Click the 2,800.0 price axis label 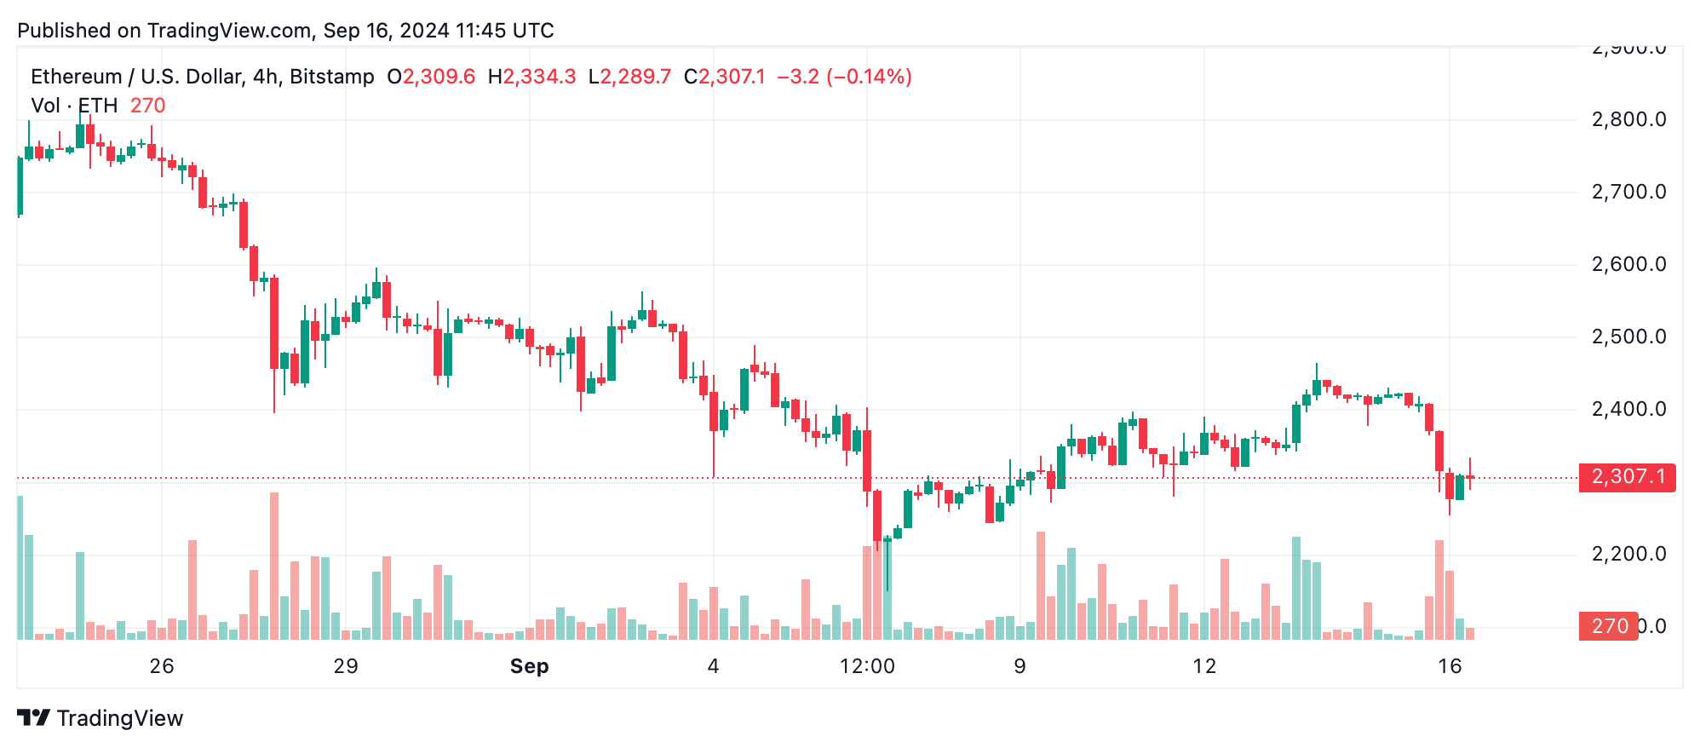pyautogui.click(x=1628, y=119)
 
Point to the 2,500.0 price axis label pyautogui.click(x=1628, y=337)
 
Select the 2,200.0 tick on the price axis pyautogui.click(x=1628, y=554)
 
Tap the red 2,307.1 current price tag pyautogui.click(x=1627, y=476)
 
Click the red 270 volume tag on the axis pyautogui.click(x=1608, y=626)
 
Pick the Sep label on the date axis pyautogui.click(x=529, y=666)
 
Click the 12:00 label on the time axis pyautogui.click(x=867, y=666)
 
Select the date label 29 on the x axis pyautogui.click(x=346, y=666)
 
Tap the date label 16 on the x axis pyautogui.click(x=1450, y=666)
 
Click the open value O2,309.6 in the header pyautogui.click(x=431, y=77)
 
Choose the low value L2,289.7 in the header pyautogui.click(x=629, y=77)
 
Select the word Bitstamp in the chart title pyautogui.click(x=331, y=77)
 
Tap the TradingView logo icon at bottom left pyautogui.click(x=34, y=718)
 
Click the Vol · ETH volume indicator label pyautogui.click(x=74, y=106)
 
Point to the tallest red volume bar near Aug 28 pyautogui.click(x=274, y=566)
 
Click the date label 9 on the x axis pyautogui.click(x=1019, y=666)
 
